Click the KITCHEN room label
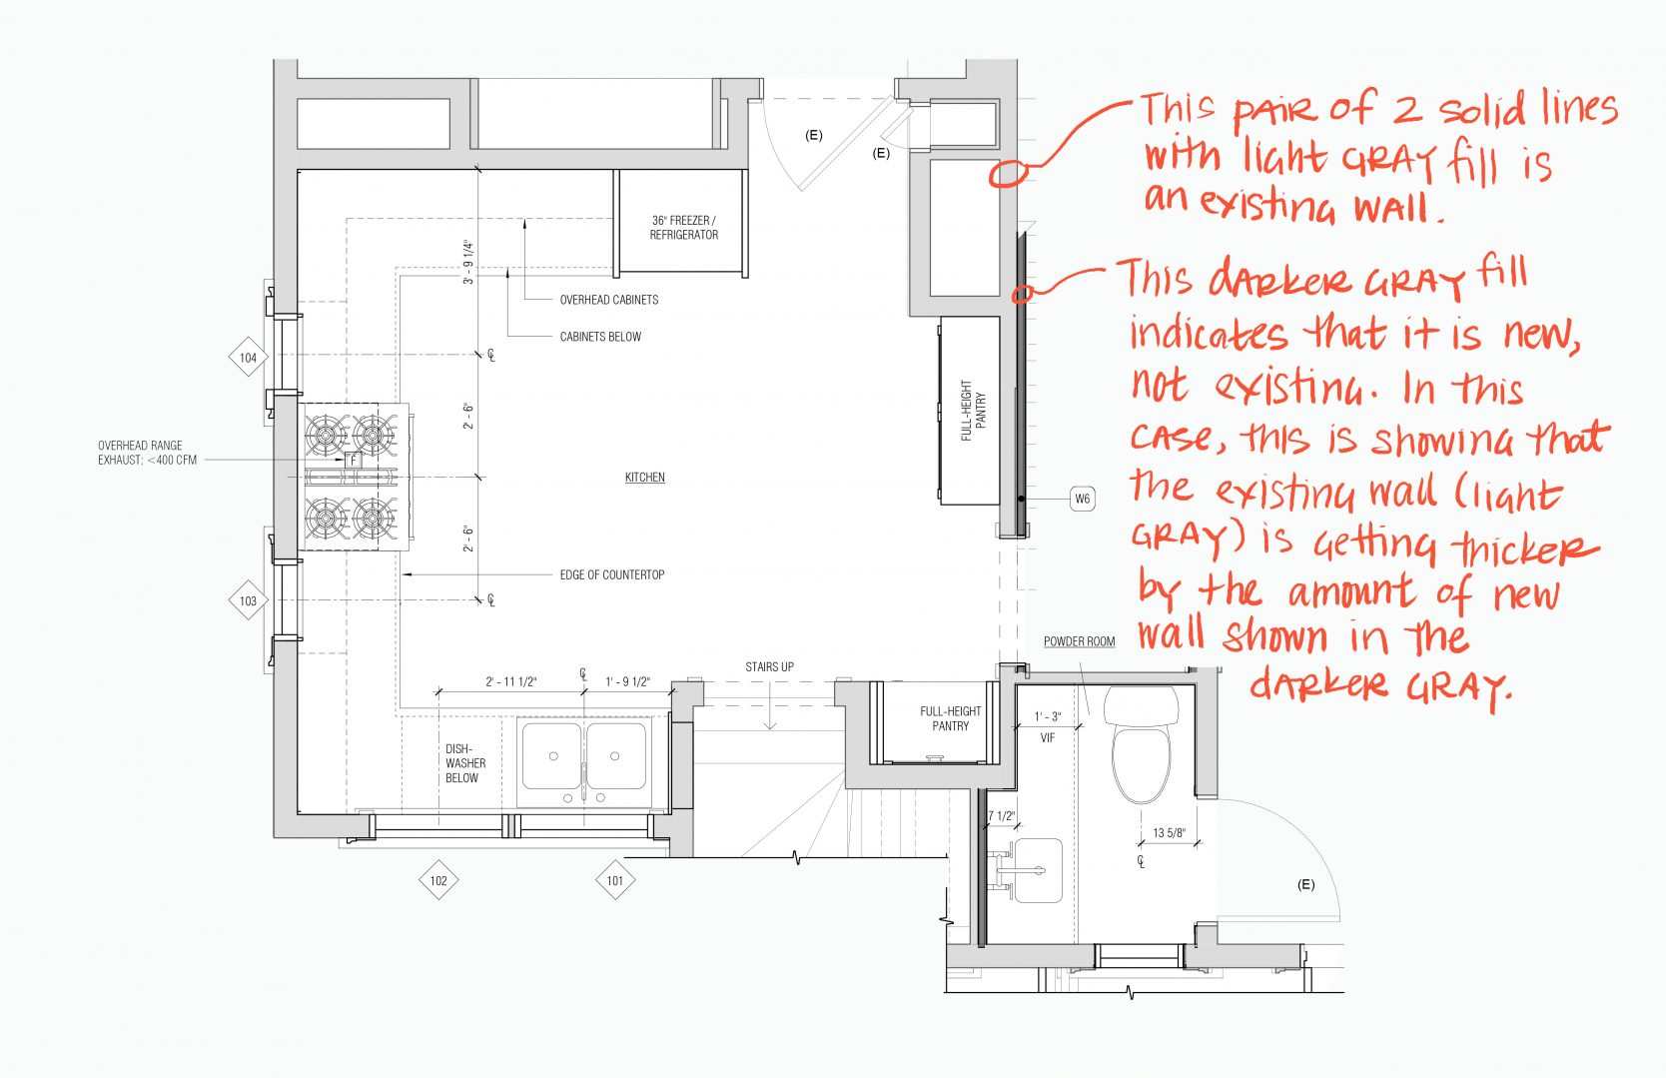[644, 478]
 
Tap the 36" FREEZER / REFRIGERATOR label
[684, 228]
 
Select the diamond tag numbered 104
[248, 358]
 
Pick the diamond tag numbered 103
[248, 600]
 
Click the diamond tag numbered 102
[438, 880]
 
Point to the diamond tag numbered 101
[614, 880]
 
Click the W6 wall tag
[1082, 499]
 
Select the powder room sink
[1035, 870]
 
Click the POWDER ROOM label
[1079, 641]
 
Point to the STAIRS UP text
[769, 666]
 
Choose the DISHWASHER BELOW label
[464, 763]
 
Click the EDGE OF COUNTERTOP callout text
[611, 575]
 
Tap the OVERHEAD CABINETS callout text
[608, 300]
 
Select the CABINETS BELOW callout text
[600, 337]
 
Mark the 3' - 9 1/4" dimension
[467, 262]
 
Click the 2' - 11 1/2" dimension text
[511, 682]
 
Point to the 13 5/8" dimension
[1169, 832]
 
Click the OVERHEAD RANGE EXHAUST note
[147, 453]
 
